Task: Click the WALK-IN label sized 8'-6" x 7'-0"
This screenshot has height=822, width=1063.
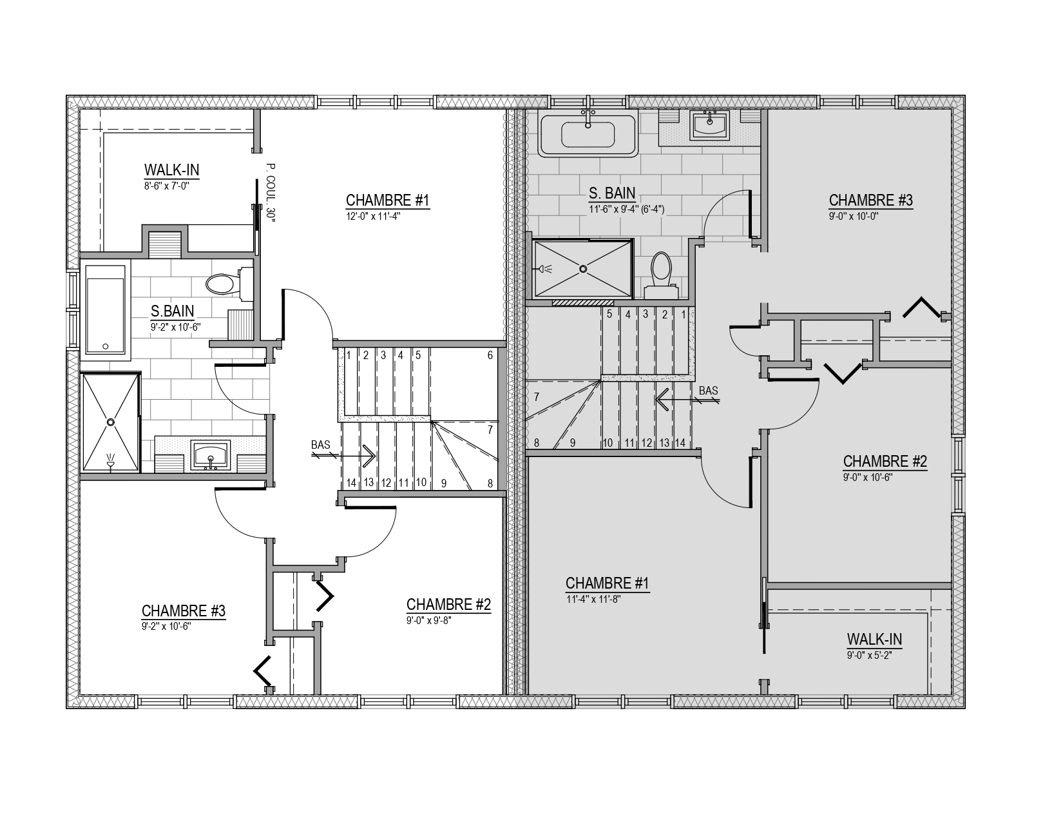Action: pyautogui.click(x=172, y=170)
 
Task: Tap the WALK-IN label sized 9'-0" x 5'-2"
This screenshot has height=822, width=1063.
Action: pyautogui.click(x=875, y=640)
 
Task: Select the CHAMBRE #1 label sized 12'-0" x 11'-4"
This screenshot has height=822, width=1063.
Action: pyautogui.click(x=387, y=201)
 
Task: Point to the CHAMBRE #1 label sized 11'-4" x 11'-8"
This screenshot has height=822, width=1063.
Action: pyautogui.click(x=607, y=583)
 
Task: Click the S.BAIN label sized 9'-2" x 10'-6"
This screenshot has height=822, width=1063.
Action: pyautogui.click(x=172, y=311)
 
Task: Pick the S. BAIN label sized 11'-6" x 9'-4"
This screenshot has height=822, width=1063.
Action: pyautogui.click(x=612, y=193)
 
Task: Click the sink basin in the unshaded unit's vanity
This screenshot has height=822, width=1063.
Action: pyautogui.click(x=211, y=455)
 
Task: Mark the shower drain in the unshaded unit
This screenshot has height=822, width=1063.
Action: pyautogui.click(x=111, y=422)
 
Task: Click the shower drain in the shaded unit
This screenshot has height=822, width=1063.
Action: pyautogui.click(x=583, y=269)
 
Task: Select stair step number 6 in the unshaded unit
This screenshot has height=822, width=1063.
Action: pyautogui.click(x=490, y=356)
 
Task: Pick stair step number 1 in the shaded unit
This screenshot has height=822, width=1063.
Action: pyautogui.click(x=684, y=315)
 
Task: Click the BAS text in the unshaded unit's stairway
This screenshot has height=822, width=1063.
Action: pyautogui.click(x=320, y=445)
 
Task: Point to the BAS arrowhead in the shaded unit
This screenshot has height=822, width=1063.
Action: pyautogui.click(x=662, y=400)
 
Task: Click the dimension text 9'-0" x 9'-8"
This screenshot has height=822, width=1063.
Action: pyautogui.click(x=428, y=620)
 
